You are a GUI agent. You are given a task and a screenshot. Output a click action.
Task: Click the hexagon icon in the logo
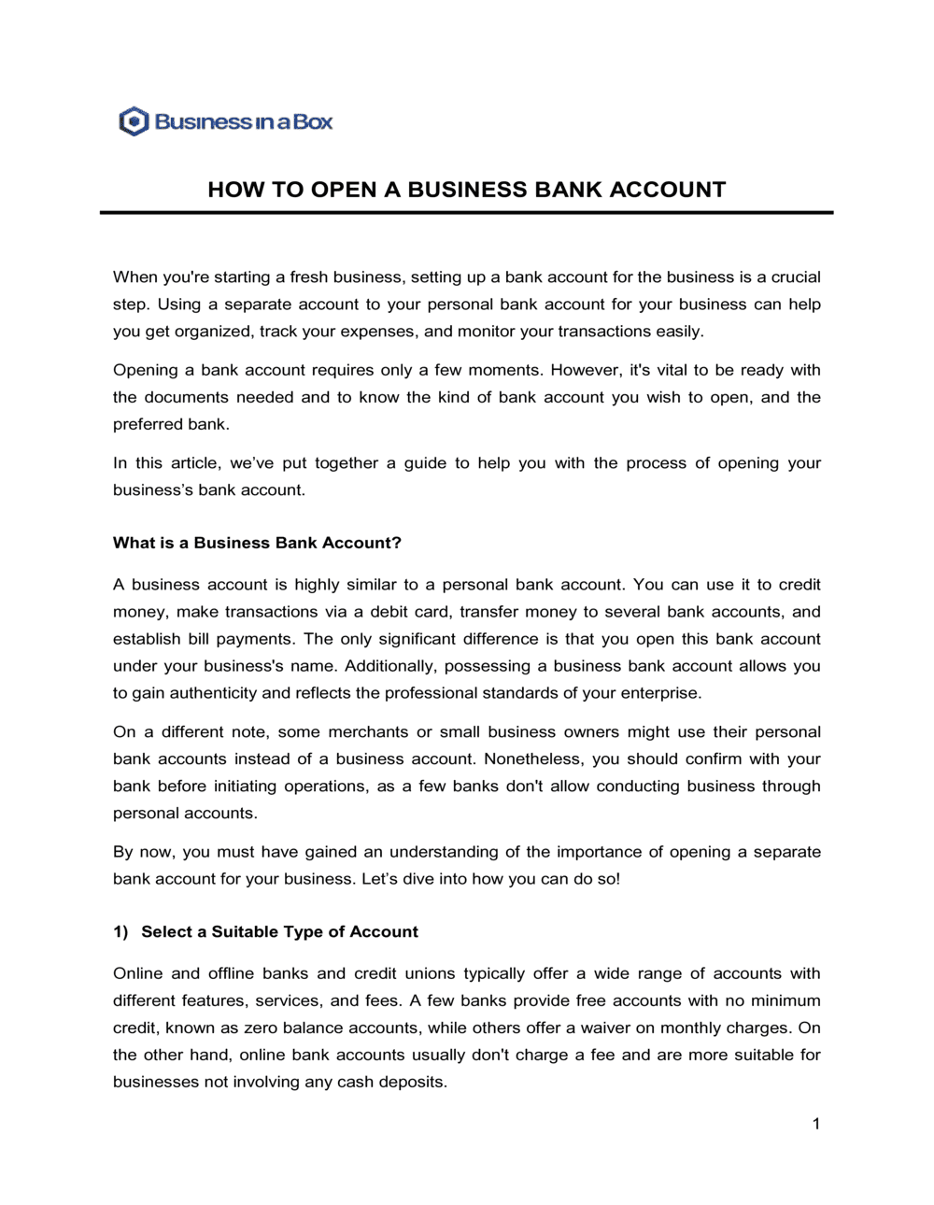click(134, 121)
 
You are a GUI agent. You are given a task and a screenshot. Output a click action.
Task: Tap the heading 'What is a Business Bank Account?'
click(257, 543)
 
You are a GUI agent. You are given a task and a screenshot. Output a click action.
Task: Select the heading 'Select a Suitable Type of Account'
click(279, 931)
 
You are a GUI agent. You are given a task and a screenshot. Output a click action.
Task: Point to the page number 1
click(815, 1124)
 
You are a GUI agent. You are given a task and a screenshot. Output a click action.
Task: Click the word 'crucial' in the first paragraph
click(796, 277)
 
